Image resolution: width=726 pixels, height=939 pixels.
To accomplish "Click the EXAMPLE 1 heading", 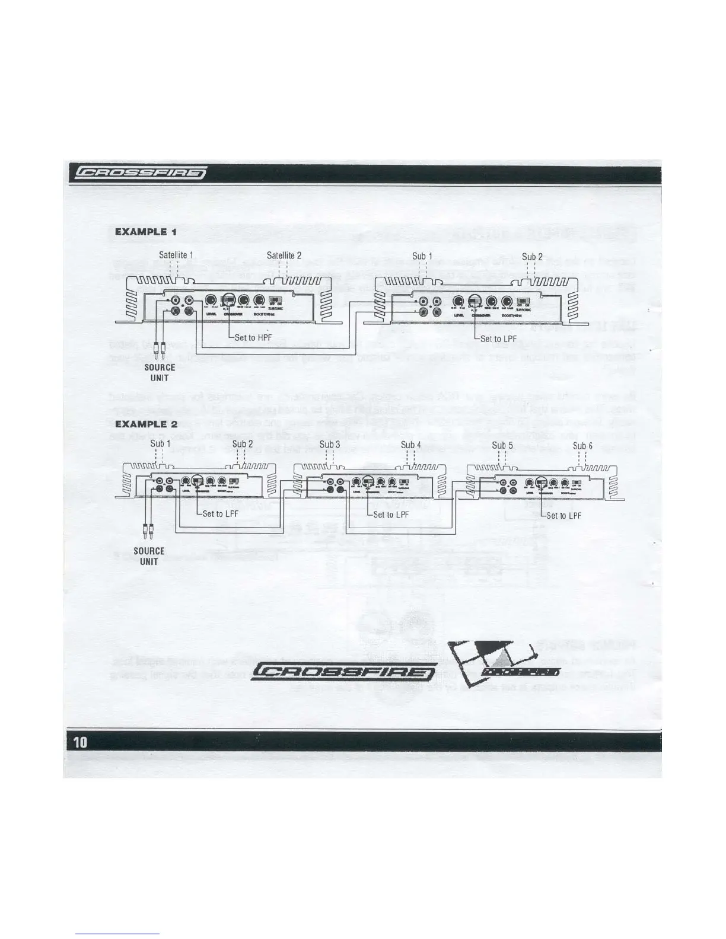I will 145,232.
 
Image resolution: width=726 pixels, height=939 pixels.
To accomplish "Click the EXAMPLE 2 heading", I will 146,424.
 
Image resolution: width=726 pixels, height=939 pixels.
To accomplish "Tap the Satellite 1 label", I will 176,255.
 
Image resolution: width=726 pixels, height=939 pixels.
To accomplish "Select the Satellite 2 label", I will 284,255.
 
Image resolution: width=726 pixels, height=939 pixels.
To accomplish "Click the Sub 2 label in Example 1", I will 532,256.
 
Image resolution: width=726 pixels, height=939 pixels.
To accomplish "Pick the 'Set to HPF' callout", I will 253,337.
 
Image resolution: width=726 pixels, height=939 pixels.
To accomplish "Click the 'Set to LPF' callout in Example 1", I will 498,338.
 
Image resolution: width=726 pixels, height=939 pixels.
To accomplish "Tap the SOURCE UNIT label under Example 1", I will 160,372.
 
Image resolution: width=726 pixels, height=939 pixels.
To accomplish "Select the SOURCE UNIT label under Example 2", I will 149,556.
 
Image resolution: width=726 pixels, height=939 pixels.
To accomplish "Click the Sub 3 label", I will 330,444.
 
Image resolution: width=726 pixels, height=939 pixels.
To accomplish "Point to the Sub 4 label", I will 411,444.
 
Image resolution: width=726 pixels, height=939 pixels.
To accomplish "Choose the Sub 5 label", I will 502,445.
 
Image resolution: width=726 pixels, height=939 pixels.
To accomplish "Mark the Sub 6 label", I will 582,446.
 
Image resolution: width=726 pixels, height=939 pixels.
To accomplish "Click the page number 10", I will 80,742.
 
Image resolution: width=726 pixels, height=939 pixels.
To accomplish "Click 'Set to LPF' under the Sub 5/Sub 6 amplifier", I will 563,515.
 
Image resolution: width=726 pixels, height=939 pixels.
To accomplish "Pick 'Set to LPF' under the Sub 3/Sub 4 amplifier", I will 391,514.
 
